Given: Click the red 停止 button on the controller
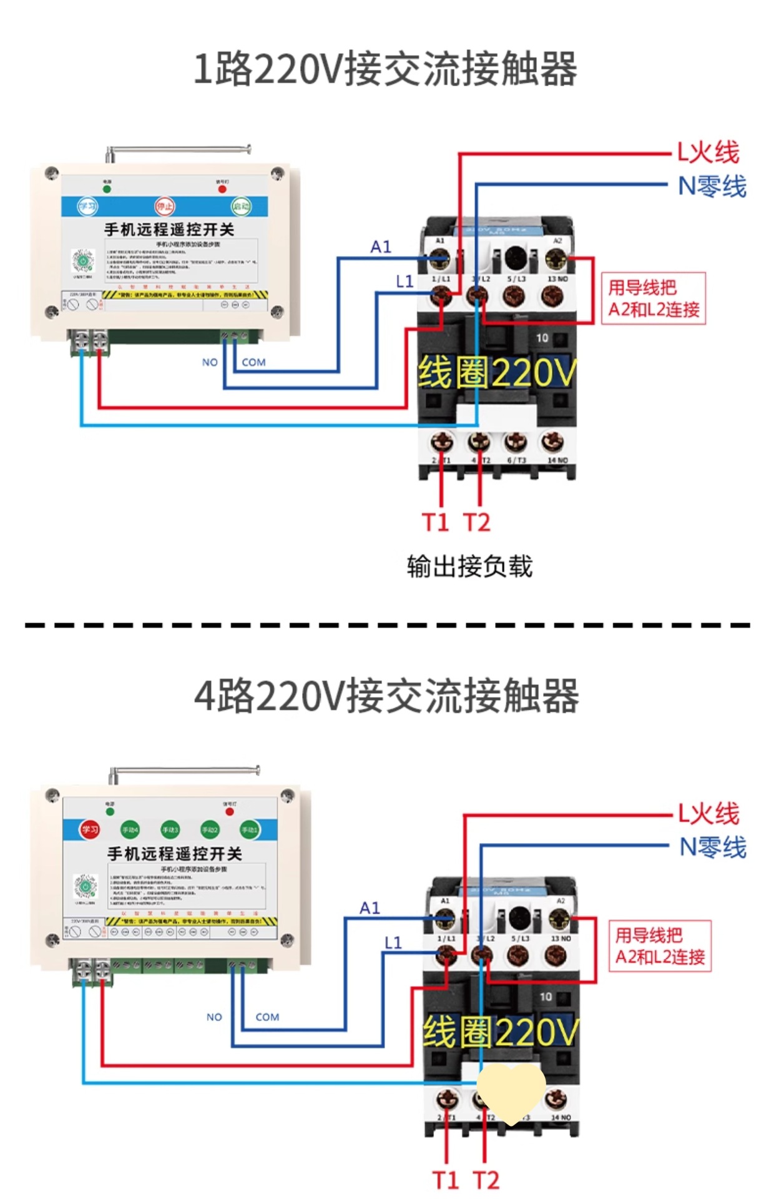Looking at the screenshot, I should coord(165,206).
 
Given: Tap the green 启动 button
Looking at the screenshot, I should coord(241,206).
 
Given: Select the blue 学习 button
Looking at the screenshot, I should coord(87,206).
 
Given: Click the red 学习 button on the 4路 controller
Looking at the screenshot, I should coord(89,829).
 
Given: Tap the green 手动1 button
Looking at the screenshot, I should coord(249,829).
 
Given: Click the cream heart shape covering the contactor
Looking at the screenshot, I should coord(511,1093).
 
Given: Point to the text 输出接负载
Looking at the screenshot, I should coord(469,566).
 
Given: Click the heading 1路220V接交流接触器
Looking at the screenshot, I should coord(386,69).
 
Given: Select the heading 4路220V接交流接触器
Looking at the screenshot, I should coord(387,696).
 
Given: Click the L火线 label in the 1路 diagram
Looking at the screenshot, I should coord(708,152).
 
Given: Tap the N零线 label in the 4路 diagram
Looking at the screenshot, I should coord(713,847).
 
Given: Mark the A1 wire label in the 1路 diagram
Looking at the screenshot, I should coord(381,247).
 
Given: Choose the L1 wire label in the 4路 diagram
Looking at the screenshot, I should coord(393,942).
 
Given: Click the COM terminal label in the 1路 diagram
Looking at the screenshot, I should coord(253,362).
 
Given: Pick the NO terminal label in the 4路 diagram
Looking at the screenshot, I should coord(214,1017).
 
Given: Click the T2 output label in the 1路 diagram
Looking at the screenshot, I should coord(477,522).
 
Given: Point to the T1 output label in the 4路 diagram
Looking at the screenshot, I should coord(446,1180).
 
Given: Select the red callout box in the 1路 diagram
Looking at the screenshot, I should coord(654,299).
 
